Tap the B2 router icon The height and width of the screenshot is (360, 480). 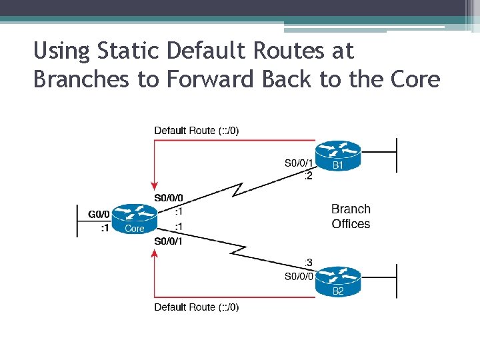tap(337, 281)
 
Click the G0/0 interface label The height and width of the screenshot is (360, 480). tap(98, 214)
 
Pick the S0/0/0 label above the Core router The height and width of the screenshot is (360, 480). tap(168, 198)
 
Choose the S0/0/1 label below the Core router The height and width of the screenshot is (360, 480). tap(168, 241)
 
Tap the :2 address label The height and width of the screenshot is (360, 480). tap(308, 175)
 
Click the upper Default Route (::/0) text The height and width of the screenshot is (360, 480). tap(196, 131)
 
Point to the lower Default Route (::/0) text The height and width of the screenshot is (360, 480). tap(196, 307)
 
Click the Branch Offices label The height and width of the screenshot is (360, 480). tap(351, 216)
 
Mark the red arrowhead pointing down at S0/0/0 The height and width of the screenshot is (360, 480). tap(155, 185)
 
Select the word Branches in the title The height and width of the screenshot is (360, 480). tap(81, 79)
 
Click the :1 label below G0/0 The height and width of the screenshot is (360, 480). tap(105, 228)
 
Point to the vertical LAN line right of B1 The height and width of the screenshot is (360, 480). tap(397, 155)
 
